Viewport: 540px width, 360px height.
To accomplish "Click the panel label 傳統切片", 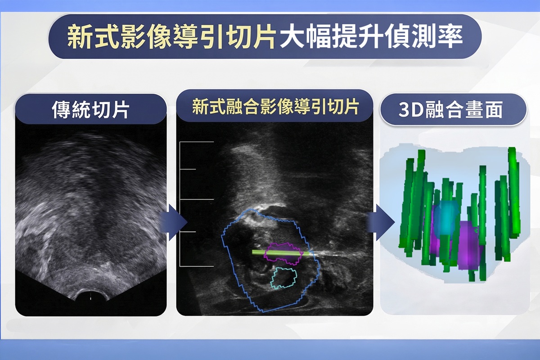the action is [90, 110].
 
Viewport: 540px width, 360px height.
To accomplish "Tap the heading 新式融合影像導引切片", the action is [275, 107].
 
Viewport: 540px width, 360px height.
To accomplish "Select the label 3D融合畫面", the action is [450, 110].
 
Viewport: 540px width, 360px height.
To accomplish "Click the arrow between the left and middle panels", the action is [174, 222].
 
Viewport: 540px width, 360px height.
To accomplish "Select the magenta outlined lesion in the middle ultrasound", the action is [283, 253].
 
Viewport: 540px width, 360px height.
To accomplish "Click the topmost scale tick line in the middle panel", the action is [197, 142].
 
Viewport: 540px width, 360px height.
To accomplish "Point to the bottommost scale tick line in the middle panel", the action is [197, 266].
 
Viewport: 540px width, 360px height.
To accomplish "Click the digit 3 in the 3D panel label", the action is [404, 110].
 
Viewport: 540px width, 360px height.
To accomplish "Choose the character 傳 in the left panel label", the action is [61, 110].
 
